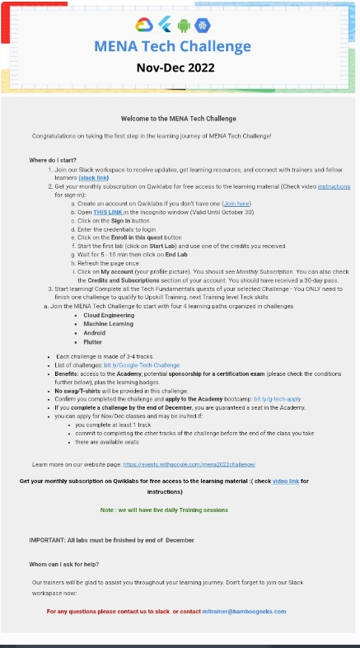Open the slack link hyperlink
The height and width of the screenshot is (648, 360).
point(92,177)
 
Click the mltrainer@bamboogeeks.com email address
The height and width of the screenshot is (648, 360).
point(244,611)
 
